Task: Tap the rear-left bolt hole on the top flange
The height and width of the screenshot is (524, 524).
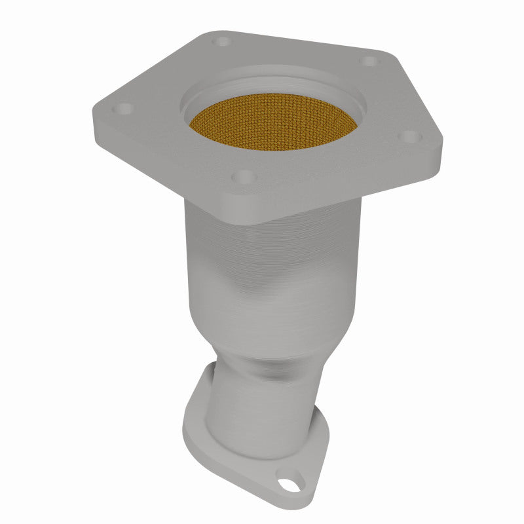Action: coord(223,41)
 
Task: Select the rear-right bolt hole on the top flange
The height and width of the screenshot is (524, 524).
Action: coord(370,61)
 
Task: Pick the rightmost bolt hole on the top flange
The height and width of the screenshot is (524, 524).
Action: coord(409,136)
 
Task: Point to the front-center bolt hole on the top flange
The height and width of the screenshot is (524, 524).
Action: coord(244,176)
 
